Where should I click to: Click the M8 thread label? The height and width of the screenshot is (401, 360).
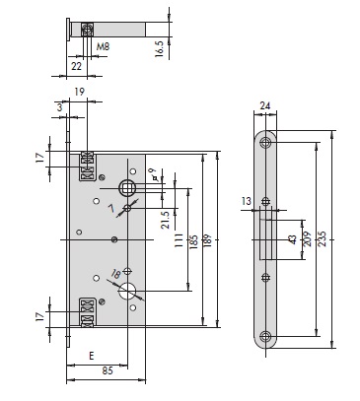click(x=103, y=46)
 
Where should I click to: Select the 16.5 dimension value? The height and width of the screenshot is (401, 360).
click(x=159, y=49)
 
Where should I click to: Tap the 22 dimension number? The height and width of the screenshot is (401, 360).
click(x=76, y=66)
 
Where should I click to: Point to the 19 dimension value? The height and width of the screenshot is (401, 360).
click(x=79, y=92)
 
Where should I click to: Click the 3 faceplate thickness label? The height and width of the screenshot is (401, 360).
click(x=59, y=107)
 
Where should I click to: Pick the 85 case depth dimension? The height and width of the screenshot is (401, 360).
click(x=108, y=370)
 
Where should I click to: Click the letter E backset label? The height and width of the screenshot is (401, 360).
click(x=92, y=356)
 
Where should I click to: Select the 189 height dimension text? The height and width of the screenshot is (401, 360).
click(x=208, y=241)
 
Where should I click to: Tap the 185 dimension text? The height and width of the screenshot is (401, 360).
click(x=194, y=241)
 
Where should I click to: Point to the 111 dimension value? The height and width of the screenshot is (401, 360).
click(x=179, y=240)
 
